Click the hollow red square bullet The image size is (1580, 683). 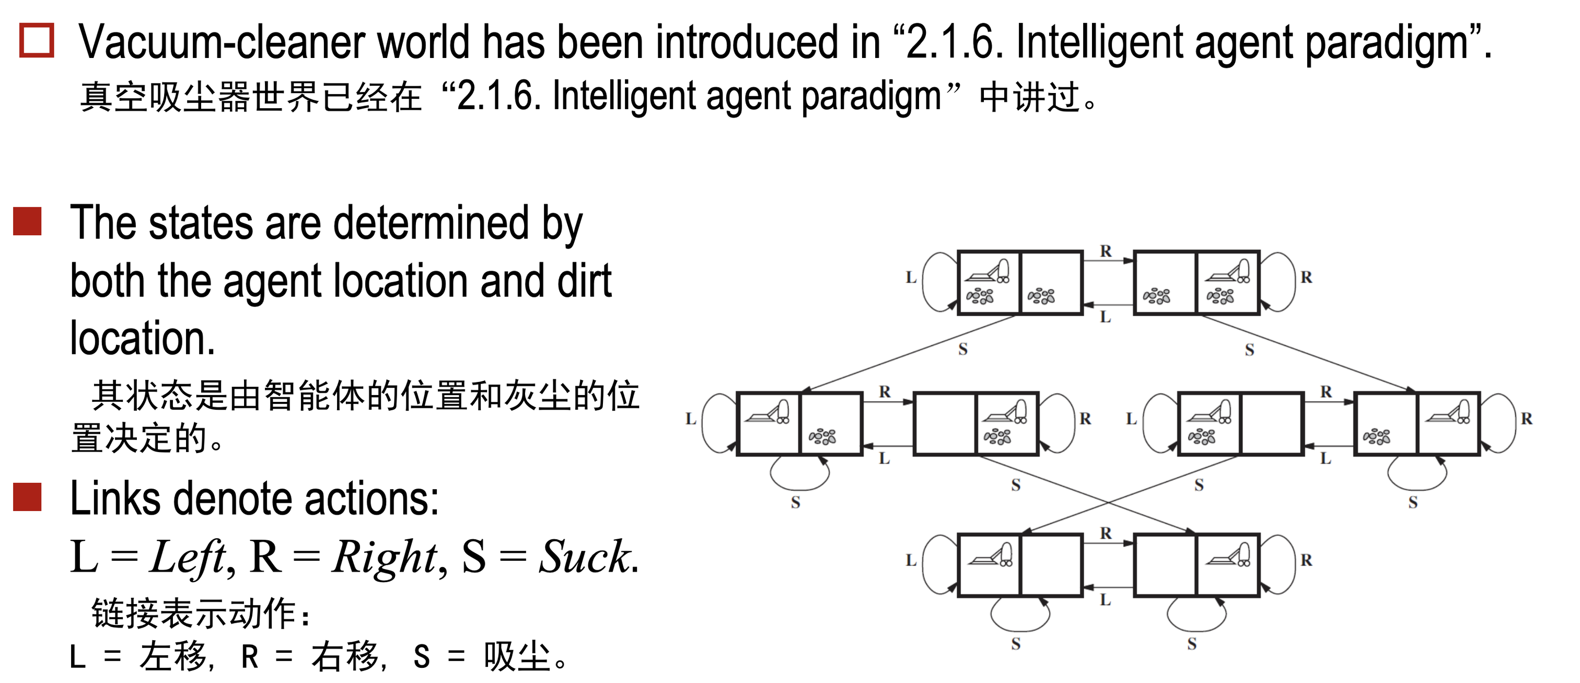37,41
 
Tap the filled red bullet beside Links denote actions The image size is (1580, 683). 28,497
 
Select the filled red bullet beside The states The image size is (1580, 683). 28,222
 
